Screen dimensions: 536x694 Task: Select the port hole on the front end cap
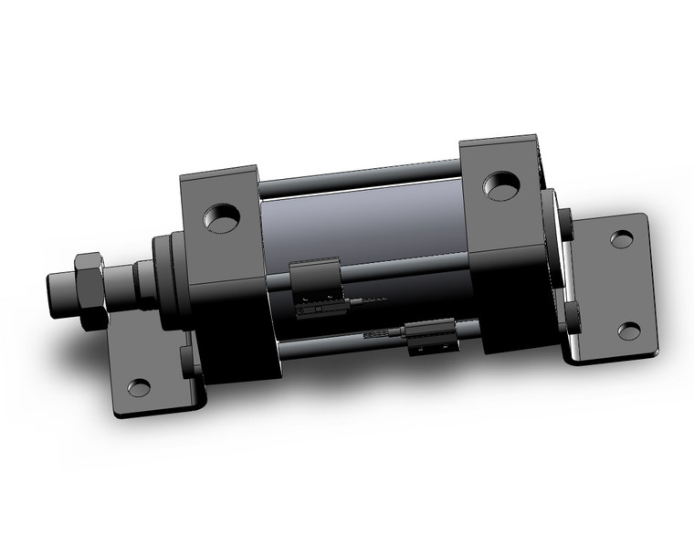[222, 218]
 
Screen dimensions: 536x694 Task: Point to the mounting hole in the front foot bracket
[138, 387]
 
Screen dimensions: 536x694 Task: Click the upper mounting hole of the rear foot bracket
[621, 239]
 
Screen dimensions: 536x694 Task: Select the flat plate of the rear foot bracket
[607, 283]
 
